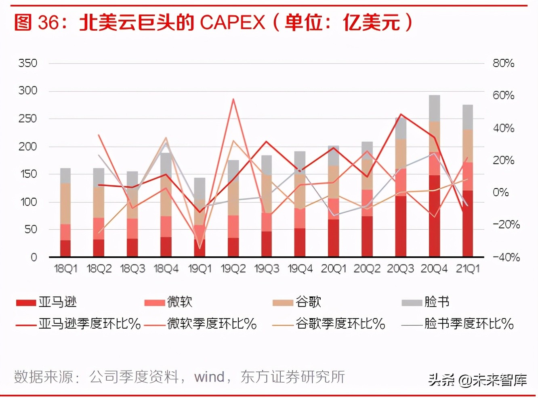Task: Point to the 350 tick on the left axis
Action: click(27, 63)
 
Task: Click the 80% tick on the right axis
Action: click(503, 63)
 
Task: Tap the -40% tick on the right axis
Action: click(506, 257)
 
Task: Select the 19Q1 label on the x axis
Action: click(200, 269)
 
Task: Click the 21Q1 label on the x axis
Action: click(467, 269)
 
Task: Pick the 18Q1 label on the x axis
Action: click(65, 269)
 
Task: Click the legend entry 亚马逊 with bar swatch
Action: click(46, 302)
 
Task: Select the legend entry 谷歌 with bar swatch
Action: click(297, 302)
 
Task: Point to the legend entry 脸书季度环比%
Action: click(458, 324)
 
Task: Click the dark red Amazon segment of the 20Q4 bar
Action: click(434, 216)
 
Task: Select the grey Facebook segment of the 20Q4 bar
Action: click(434, 108)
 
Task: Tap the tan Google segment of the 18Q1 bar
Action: click(65, 203)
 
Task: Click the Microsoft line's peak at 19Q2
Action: click(233, 99)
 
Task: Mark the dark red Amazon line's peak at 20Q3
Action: click(400, 114)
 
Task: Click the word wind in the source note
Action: click(209, 377)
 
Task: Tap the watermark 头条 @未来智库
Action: click(477, 380)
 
